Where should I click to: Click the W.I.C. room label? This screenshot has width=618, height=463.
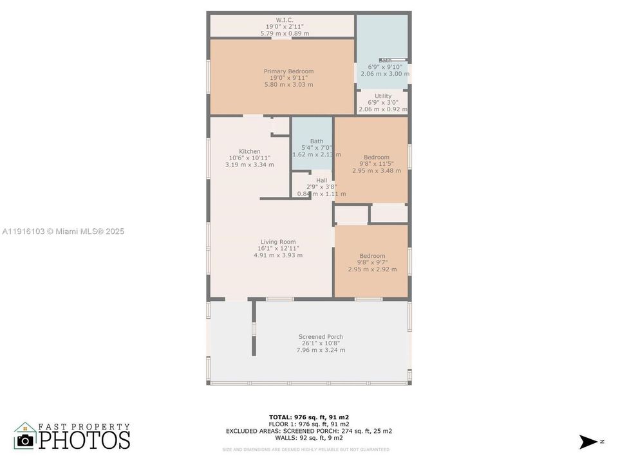coord(285,20)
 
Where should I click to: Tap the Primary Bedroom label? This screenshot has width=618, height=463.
coord(288,71)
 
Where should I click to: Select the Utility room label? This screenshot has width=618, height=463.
coord(383,96)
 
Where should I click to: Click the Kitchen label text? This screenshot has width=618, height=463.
coord(250,152)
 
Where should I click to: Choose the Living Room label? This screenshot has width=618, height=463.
coord(278,242)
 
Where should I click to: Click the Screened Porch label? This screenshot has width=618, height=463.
coord(321,337)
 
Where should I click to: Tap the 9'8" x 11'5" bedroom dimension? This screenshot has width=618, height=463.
coord(377,164)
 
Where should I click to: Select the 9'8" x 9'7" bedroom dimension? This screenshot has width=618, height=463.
coord(373,262)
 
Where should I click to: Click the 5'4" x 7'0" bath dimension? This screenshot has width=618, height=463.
coord(317,148)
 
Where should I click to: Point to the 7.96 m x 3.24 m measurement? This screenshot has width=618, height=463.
coord(321,350)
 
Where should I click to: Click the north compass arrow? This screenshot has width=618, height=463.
coord(588,441)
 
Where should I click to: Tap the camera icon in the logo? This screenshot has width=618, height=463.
coord(26,440)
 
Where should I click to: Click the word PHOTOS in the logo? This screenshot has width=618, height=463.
coord(84,440)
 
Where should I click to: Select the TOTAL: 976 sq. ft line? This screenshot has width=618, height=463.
coord(309,417)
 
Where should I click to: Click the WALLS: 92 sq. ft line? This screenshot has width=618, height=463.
coord(309,439)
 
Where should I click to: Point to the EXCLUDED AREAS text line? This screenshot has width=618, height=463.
coord(309,431)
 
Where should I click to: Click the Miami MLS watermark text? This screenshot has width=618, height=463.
coord(63,232)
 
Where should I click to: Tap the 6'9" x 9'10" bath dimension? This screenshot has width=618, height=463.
coord(385,67)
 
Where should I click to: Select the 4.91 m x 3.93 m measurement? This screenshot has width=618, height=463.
coord(278,255)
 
